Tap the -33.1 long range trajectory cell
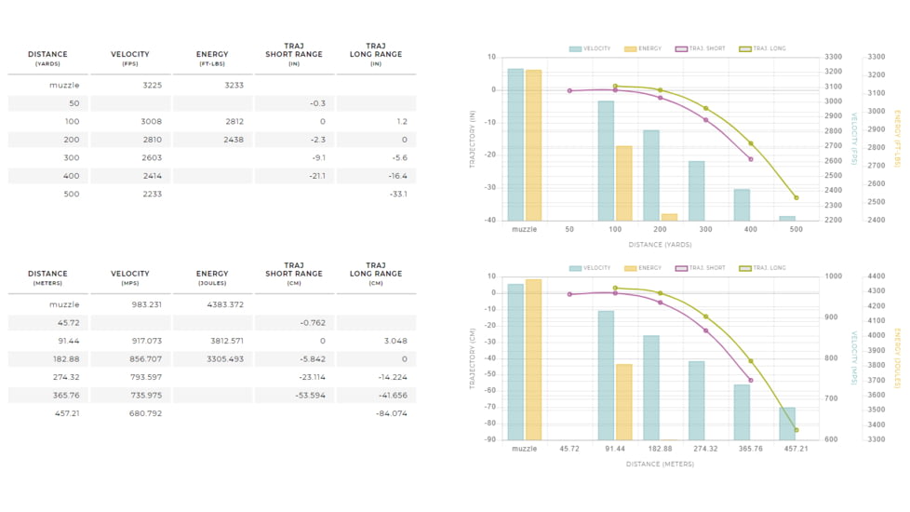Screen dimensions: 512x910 (x=397, y=194)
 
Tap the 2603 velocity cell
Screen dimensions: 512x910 (x=151, y=157)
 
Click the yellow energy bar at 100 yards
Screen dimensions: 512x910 (x=623, y=182)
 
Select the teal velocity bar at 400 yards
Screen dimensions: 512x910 (x=742, y=205)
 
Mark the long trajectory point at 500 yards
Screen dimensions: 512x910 (x=796, y=197)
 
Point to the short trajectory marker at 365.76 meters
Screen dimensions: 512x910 (x=751, y=380)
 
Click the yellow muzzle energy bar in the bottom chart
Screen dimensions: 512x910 (x=533, y=359)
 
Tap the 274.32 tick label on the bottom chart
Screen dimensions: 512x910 (x=705, y=449)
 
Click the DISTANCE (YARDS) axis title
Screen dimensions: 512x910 (x=660, y=245)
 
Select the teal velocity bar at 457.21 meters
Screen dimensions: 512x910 (x=787, y=424)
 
